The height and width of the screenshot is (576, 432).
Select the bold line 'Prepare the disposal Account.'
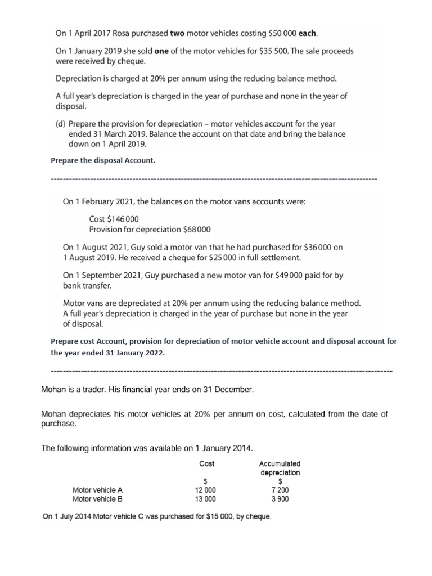102,161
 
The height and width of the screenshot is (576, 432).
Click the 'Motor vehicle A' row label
97,490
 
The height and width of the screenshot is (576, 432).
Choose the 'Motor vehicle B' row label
97,498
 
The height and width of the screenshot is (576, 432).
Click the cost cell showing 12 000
205,490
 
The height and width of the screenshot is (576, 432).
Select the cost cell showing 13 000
205,498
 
